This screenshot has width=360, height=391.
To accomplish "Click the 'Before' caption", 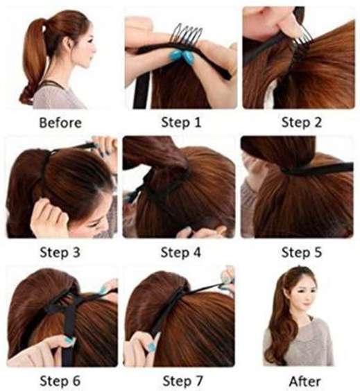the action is pos(60,123).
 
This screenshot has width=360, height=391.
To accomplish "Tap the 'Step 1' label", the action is pos(181,122).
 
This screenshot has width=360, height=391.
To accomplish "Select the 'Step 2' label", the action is pos(301,122).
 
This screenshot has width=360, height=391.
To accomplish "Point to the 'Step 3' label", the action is pos(60,252).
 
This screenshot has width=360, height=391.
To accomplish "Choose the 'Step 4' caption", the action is pos(180,252).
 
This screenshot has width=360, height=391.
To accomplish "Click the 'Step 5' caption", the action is pos(301,252).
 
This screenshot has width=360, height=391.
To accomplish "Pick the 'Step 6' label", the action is pos(60,381).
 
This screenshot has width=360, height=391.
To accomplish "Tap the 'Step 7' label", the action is pos(182,381).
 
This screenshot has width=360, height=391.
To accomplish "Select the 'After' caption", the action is pos(305,381).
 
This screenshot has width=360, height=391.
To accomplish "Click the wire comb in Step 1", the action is pos(187,35).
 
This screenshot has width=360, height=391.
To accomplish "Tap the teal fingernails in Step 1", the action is pos(183,57).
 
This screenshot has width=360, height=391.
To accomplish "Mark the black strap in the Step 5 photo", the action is pos(317,169).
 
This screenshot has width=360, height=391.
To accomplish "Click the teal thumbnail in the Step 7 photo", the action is pos(151,346).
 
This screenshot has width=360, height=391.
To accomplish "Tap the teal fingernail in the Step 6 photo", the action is pos(68,340).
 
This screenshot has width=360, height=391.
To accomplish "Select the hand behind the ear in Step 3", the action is pos(49,214).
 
